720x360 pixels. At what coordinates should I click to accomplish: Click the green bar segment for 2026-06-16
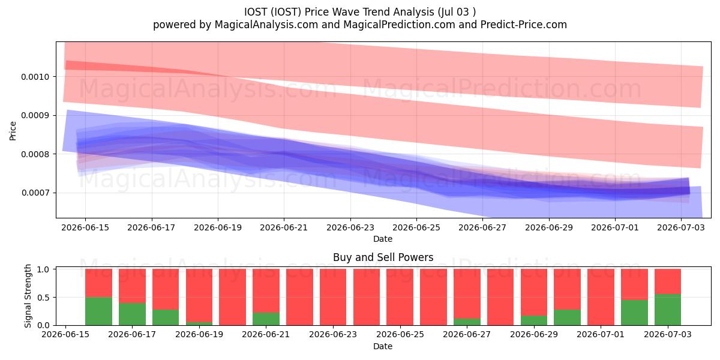[x=98, y=311]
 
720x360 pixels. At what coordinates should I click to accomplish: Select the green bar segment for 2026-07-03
[x=668, y=310]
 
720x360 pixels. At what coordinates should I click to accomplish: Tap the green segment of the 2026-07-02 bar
[x=634, y=313]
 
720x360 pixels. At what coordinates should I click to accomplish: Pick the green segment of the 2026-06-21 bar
[x=266, y=319]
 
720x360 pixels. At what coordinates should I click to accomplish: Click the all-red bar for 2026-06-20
[x=233, y=297]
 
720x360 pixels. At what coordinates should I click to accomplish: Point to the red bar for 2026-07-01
[x=601, y=297]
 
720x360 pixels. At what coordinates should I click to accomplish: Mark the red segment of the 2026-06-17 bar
[x=132, y=286]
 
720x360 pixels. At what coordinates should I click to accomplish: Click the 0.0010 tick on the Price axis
[x=35, y=77]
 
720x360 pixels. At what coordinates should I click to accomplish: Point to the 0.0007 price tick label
[x=35, y=193]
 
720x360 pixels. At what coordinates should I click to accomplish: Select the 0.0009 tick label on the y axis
[x=35, y=115]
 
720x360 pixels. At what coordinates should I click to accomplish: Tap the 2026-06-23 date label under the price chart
[x=350, y=227]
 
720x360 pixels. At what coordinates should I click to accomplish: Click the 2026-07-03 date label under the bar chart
[x=668, y=334]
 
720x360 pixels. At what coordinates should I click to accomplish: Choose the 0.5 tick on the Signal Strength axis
[x=43, y=298]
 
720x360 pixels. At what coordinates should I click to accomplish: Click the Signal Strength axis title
[x=28, y=296]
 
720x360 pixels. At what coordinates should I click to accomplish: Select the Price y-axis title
[x=13, y=131]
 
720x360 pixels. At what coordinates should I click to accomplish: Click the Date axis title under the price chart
[x=383, y=239]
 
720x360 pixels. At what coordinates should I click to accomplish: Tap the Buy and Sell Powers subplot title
[x=383, y=257]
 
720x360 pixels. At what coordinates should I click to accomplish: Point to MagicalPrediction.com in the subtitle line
[x=399, y=25]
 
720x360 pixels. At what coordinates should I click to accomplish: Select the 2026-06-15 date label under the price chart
[x=85, y=227]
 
